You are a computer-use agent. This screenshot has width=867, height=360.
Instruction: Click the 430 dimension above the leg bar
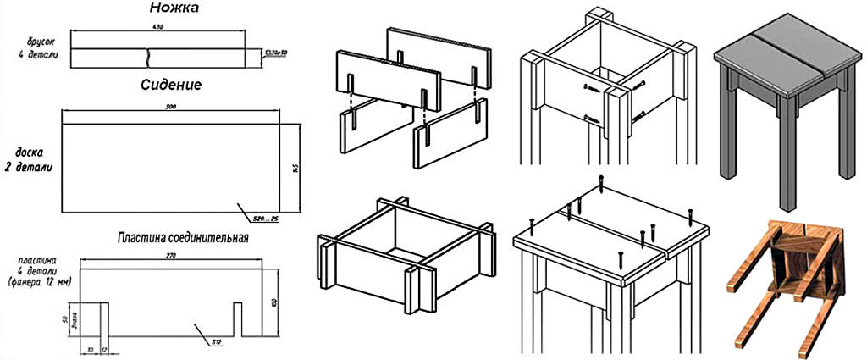tap(156, 29)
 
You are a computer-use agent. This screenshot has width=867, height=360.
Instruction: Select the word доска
tap(30, 154)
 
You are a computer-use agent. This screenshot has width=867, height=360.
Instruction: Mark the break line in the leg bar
tap(149, 58)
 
